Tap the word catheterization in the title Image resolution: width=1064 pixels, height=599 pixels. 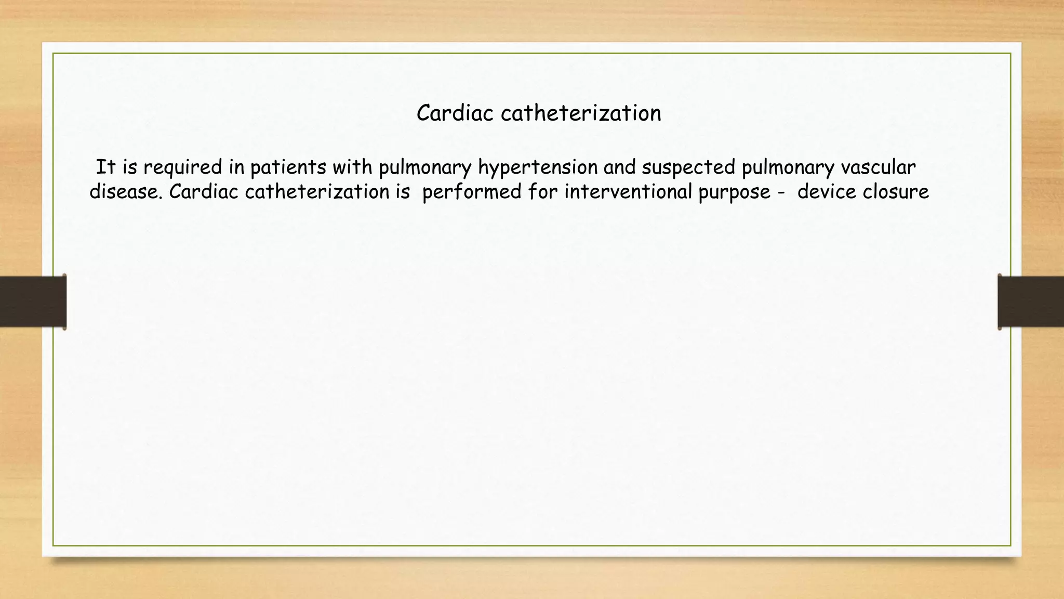(x=581, y=113)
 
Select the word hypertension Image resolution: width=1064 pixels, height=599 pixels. (x=538, y=167)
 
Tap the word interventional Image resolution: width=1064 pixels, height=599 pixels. (x=628, y=192)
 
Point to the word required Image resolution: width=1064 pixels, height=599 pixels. (x=182, y=167)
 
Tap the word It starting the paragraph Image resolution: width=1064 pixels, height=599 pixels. (x=105, y=167)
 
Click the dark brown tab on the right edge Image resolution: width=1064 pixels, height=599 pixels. (x=1031, y=302)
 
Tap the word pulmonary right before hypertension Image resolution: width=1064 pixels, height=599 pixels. (x=425, y=167)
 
